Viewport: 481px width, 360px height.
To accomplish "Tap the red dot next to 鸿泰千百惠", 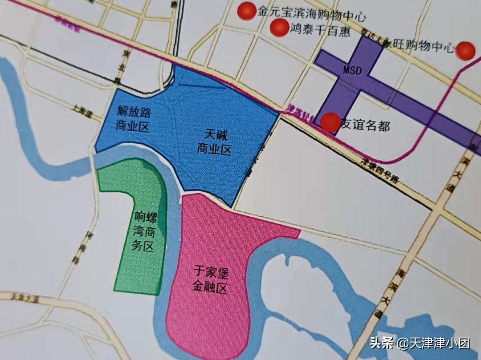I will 279,28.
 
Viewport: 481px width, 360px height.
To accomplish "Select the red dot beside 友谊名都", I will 330,122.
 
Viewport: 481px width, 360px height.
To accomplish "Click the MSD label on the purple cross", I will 352,70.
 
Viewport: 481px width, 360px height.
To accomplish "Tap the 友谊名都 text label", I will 365,125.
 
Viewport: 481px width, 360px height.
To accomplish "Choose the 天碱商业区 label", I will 215,142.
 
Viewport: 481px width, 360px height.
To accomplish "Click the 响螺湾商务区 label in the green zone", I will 144,231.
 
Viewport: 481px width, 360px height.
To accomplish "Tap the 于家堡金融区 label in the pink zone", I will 210,279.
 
